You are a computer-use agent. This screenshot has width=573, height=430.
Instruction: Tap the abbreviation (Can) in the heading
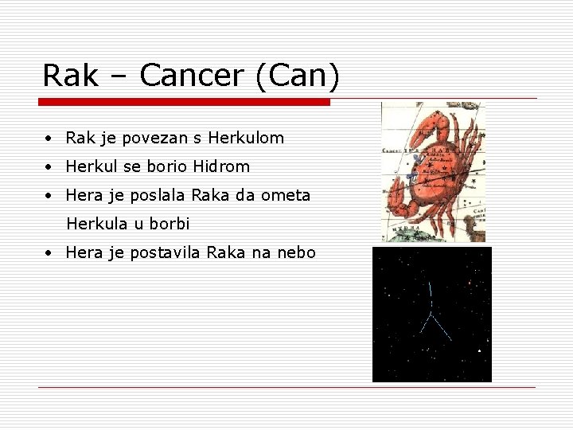click(x=298, y=76)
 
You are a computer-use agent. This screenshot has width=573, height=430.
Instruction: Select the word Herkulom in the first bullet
click(x=246, y=138)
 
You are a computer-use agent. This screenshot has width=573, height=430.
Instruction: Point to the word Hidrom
click(x=221, y=166)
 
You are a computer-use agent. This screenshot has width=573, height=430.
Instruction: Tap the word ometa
click(x=286, y=195)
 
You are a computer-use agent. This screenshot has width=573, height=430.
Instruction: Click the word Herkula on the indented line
click(x=95, y=224)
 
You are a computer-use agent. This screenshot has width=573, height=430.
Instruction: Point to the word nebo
click(x=296, y=252)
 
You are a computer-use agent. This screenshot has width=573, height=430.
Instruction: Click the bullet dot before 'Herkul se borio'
click(x=49, y=167)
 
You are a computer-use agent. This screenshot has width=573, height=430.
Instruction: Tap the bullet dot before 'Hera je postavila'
click(x=49, y=253)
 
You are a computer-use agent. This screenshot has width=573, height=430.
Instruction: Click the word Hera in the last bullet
click(x=83, y=252)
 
